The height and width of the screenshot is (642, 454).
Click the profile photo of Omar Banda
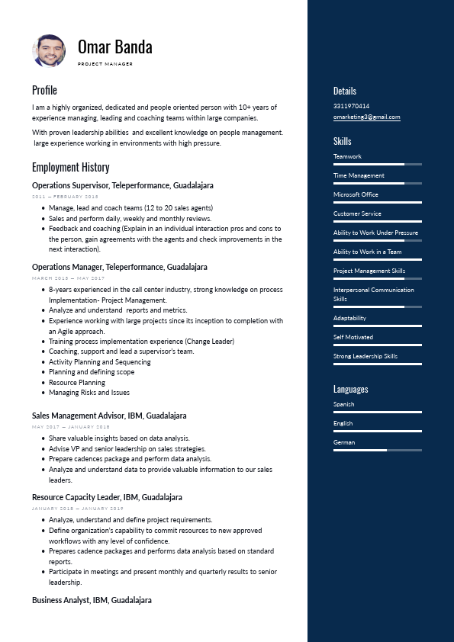point(49,50)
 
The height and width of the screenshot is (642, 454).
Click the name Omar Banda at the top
point(114,47)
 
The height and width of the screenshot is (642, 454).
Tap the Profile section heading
point(44,90)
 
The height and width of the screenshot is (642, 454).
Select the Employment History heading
point(70,167)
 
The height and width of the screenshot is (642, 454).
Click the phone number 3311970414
point(351,106)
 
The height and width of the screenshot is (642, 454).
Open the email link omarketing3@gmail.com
point(366,117)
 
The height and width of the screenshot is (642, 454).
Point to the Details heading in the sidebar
point(345,91)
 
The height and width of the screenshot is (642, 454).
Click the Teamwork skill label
point(347,156)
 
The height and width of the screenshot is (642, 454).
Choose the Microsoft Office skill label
point(356,194)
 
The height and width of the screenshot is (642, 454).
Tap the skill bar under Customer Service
point(377,221)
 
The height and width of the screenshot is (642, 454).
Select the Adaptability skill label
point(349,318)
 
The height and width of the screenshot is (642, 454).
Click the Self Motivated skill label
point(353,337)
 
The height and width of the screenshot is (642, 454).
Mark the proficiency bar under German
point(377,450)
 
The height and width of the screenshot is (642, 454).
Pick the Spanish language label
point(343,404)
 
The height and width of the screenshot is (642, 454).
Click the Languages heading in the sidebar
point(350,389)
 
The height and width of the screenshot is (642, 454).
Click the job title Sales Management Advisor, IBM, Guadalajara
point(109,416)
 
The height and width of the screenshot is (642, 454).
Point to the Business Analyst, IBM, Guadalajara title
point(92,600)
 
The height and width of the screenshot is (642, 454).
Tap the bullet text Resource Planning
point(77,383)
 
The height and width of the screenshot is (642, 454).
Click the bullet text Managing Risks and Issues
point(89,393)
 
